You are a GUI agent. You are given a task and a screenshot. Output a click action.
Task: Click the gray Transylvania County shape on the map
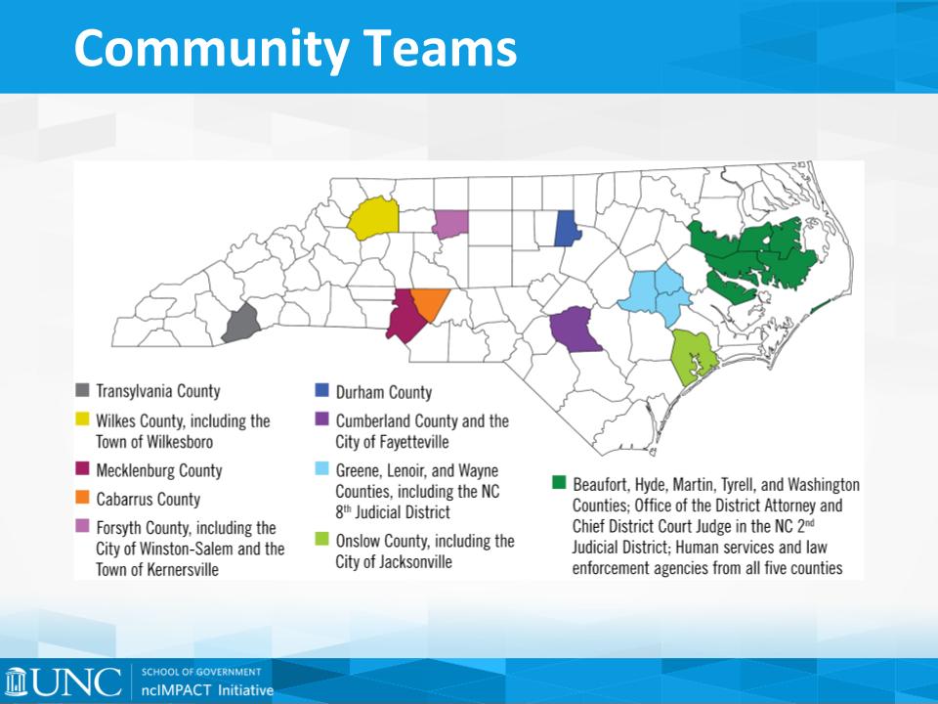241,324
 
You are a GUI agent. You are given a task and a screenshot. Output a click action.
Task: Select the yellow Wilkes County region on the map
374,218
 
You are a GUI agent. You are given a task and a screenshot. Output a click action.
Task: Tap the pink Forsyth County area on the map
450,224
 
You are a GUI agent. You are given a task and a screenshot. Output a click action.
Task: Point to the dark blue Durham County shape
567,228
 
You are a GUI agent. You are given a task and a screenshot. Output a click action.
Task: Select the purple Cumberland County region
574,330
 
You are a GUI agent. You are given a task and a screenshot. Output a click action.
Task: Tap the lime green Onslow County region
692,357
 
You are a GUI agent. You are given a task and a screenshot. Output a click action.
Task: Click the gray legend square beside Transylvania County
82,390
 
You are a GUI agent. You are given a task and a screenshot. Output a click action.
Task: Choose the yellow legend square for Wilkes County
82,419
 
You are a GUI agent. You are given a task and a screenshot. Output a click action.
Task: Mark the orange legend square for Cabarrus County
82,498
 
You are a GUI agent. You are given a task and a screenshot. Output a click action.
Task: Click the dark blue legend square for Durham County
321,390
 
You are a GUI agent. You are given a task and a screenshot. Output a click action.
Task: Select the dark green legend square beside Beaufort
559,482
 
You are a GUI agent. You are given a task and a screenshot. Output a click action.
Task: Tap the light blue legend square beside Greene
321,468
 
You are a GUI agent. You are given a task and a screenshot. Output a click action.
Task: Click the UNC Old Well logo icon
17,682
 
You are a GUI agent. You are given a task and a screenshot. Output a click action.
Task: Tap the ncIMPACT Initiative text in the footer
207,690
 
